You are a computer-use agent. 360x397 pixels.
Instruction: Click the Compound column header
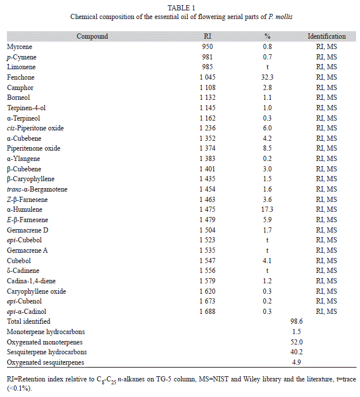(x=92, y=36)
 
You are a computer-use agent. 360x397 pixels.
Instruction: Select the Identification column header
(x=327, y=36)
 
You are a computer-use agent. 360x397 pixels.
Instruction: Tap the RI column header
(x=207, y=36)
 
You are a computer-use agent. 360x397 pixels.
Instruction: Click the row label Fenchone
(x=21, y=77)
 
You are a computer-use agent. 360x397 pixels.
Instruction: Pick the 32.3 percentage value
(x=267, y=77)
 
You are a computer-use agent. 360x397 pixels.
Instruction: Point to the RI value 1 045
(x=207, y=77)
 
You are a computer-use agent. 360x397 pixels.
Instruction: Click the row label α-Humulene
(x=25, y=209)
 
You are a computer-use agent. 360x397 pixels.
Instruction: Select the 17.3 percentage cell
(x=267, y=209)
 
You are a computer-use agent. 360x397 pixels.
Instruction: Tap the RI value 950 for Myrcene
(x=207, y=47)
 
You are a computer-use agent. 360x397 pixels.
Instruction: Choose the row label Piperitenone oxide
(x=33, y=148)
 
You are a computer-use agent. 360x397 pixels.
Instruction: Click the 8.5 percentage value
(x=267, y=148)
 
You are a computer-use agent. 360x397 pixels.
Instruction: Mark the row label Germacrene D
(x=27, y=230)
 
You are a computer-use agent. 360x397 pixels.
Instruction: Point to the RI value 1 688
(x=207, y=312)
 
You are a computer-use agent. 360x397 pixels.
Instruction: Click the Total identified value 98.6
(x=297, y=321)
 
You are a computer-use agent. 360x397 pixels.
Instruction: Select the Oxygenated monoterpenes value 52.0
(x=297, y=342)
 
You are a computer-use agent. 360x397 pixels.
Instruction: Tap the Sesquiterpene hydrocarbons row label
(x=47, y=352)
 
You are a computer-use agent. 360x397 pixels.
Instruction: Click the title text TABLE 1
(x=181, y=8)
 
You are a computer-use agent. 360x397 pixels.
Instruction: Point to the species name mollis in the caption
(x=284, y=17)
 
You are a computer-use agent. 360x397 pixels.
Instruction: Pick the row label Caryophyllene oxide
(x=36, y=291)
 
